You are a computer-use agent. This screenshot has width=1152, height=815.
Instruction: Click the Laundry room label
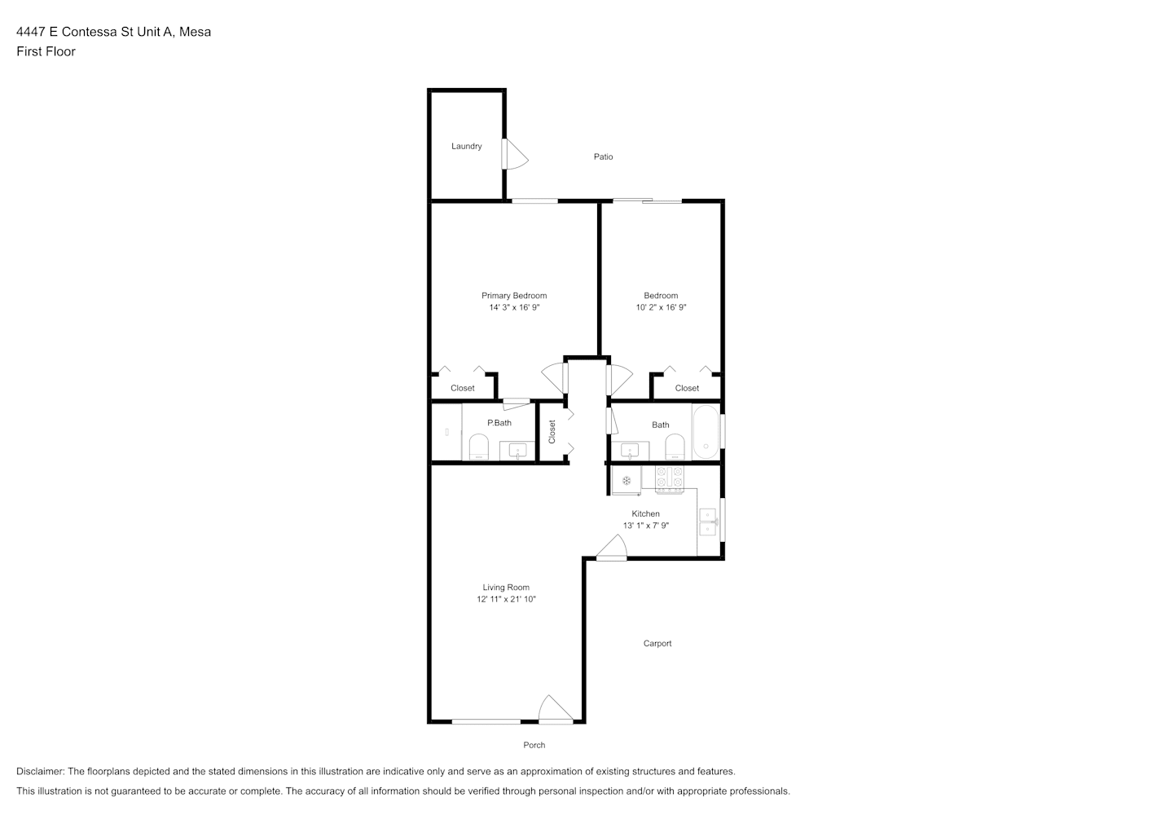click(x=467, y=146)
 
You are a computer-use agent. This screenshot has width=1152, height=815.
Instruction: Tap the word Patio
click(x=603, y=156)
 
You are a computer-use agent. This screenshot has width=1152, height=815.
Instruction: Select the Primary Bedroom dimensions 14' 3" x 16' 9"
click(x=514, y=307)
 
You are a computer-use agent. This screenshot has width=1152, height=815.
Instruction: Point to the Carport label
click(x=657, y=643)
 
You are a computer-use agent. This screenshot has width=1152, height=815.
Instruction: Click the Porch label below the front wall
click(x=534, y=745)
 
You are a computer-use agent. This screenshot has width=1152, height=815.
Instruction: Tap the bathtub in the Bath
click(x=706, y=432)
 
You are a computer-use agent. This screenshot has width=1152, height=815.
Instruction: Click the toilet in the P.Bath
click(x=479, y=447)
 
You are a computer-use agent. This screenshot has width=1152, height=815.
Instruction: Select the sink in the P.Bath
click(x=517, y=452)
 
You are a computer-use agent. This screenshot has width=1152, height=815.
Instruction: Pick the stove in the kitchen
click(x=669, y=479)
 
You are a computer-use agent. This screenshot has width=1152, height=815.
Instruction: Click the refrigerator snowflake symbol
click(x=627, y=481)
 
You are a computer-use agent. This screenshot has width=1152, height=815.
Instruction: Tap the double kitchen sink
click(x=708, y=522)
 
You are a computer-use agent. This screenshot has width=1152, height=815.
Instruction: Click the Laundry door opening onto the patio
click(x=515, y=154)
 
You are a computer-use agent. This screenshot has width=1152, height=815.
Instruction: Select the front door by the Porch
click(x=556, y=710)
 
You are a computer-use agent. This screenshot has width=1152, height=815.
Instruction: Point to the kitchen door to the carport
click(x=612, y=547)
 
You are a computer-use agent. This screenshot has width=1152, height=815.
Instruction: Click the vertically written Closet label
click(x=552, y=432)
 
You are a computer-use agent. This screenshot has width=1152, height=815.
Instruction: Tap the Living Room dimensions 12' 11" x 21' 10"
click(x=506, y=599)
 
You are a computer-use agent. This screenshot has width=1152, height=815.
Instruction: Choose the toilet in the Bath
click(x=675, y=447)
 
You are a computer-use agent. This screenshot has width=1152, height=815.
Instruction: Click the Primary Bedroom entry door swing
click(x=554, y=378)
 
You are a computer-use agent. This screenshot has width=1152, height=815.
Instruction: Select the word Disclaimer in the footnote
click(x=40, y=771)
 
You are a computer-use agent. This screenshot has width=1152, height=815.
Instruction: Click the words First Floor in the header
click(x=46, y=51)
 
